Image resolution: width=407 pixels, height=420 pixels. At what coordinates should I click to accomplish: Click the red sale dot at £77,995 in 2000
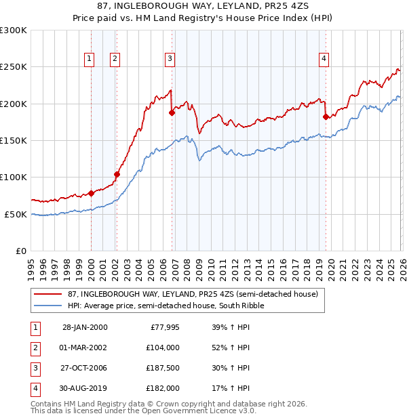[x=91, y=193]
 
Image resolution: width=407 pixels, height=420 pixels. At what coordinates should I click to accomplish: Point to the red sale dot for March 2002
[x=117, y=174]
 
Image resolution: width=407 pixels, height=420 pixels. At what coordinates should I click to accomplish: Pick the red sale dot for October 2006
[x=172, y=113]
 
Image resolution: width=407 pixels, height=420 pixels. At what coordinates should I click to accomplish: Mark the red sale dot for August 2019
[x=326, y=117]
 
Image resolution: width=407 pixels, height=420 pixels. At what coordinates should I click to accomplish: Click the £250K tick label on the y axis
[x=14, y=67]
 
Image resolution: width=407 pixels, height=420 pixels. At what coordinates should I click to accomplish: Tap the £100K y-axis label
[x=14, y=177]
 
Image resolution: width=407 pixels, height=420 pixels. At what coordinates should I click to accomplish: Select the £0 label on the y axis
[x=20, y=251]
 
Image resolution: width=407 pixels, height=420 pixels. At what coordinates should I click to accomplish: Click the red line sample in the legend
[x=47, y=294]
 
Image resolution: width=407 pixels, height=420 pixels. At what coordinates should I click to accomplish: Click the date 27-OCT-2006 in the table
[x=84, y=369]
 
